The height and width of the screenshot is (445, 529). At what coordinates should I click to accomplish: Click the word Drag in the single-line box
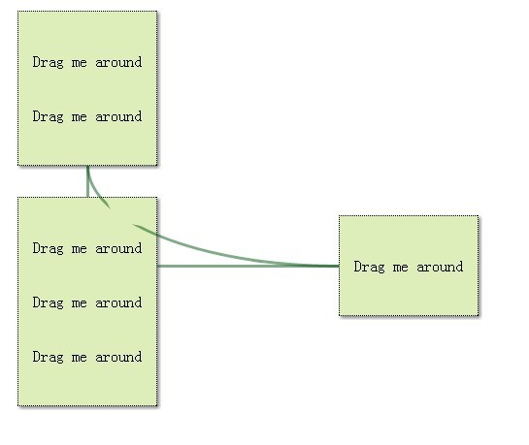coord(369,267)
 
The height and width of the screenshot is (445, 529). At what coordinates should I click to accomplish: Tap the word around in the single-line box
coord(440,267)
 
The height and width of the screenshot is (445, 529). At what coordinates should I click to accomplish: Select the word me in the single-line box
coord(401,268)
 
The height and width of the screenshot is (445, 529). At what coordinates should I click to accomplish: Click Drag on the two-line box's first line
coord(48,62)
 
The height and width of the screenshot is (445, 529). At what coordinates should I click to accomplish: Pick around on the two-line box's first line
coord(118,62)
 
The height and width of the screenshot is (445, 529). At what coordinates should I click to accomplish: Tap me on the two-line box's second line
coord(80,117)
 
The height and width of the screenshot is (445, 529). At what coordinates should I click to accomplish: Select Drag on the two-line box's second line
coord(48,116)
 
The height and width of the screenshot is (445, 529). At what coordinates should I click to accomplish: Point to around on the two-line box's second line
coord(118,116)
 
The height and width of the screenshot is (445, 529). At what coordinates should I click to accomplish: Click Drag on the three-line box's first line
coord(48,248)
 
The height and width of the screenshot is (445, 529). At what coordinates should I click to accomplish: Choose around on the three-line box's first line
coord(118,248)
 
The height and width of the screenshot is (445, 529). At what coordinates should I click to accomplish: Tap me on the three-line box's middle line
coord(80,303)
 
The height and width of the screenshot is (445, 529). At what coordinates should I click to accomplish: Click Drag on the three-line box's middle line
coord(48,302)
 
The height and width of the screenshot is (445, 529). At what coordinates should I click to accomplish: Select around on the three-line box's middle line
coord(118,302)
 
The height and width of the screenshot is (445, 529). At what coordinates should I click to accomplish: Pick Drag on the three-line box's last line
coord(48,357)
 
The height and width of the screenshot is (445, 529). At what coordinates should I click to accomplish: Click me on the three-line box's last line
coord(80,358)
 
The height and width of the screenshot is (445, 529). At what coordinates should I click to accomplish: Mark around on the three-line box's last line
coord(118,357)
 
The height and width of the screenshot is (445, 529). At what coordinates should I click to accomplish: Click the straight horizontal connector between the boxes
coord(248,266)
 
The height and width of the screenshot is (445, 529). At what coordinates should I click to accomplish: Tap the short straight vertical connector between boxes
coord(87,181)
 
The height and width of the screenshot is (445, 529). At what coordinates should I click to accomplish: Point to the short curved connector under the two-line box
coord(94,190)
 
